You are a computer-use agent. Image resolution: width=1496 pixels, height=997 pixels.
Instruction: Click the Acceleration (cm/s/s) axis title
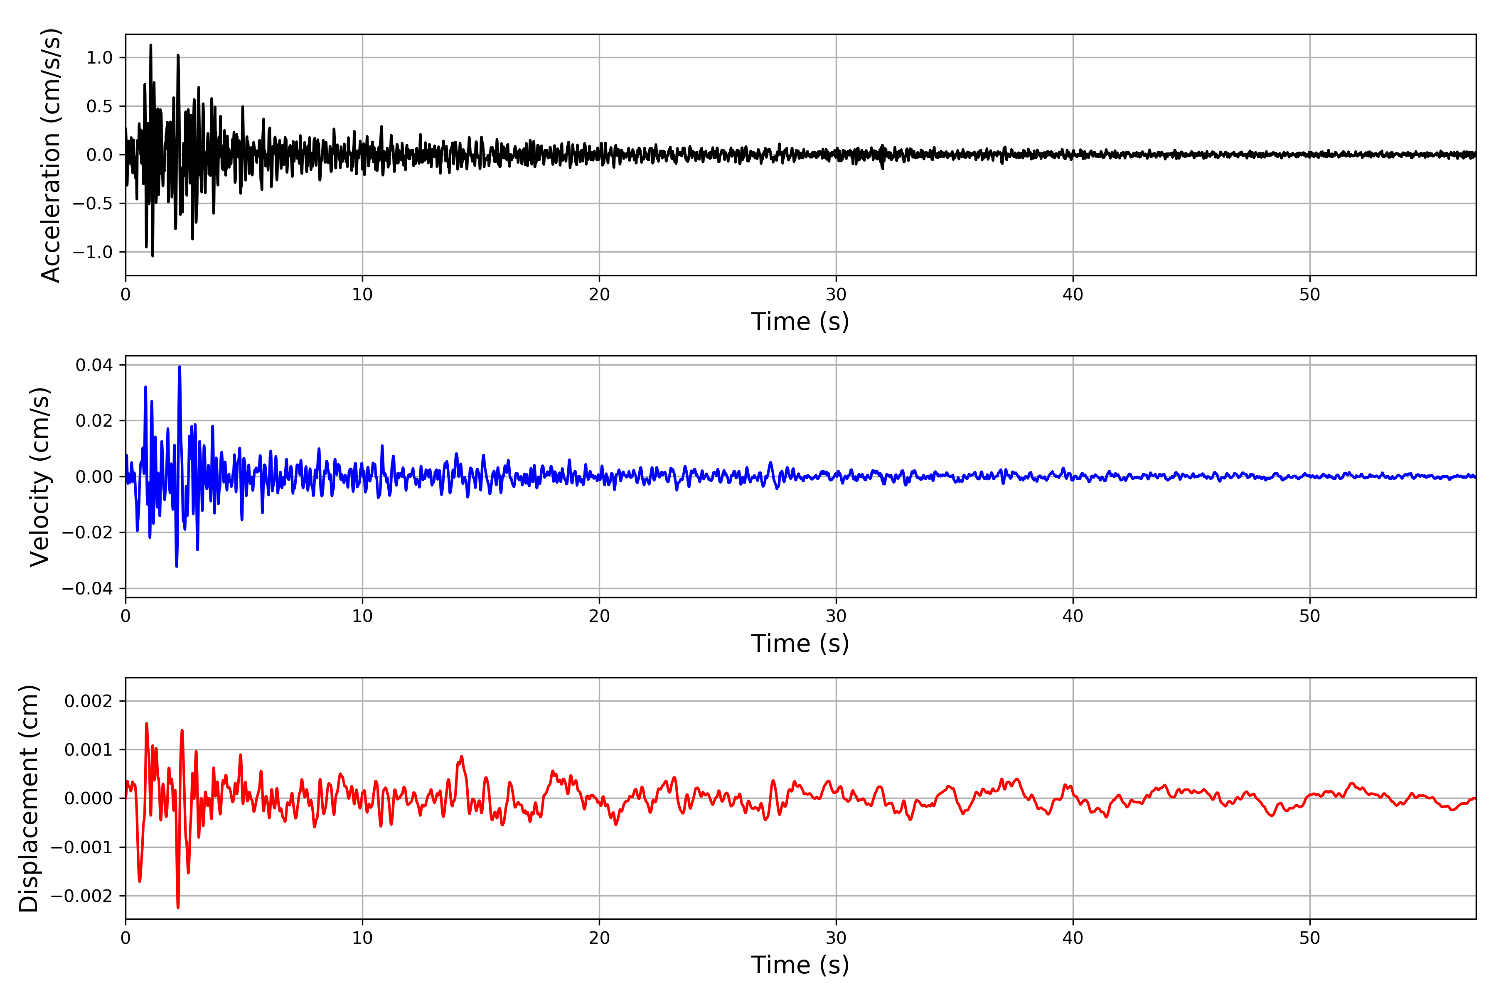click(x=51, y=155)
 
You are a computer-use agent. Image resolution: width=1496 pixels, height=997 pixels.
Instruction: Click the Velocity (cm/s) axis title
click(x=39, y=477)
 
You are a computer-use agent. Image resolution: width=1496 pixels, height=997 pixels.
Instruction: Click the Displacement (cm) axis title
click(x=29, y=798)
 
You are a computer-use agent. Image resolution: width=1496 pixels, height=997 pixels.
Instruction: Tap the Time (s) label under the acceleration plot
click(x=800, y=322)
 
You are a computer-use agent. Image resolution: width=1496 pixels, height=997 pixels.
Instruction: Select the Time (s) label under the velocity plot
click(x=800, y=643)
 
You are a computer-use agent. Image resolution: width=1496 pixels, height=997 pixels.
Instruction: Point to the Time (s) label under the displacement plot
click(x=800, y=965)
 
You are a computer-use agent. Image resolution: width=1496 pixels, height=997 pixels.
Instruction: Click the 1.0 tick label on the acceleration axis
click(x=99, y=58)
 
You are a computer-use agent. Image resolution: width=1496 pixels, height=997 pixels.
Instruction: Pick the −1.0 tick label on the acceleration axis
click(x=92, y=253)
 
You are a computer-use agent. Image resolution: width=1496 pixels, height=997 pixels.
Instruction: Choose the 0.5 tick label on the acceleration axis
click(x=99, y=106)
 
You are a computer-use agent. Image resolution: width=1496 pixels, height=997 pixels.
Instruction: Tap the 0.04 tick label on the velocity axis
click(x=94, y=365)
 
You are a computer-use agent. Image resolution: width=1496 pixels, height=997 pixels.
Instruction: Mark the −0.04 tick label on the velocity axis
click(x=87, y=589)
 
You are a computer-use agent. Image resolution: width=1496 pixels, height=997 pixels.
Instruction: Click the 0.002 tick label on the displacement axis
click(x=89, y=701)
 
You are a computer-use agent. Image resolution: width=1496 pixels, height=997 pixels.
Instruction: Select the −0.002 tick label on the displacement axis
click(x=81, y=896)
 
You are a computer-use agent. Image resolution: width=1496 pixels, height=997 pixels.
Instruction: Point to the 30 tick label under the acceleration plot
click(x=836, y=295)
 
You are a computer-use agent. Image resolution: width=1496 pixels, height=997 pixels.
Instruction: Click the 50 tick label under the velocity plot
click(x=1310, y=616)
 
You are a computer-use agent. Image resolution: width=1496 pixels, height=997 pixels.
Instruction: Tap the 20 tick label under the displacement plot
click(x=599, y=938)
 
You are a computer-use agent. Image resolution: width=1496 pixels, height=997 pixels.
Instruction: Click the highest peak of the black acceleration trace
click(x=151, y=45)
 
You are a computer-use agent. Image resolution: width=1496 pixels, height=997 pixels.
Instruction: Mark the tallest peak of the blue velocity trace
click(x=180, y=367)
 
